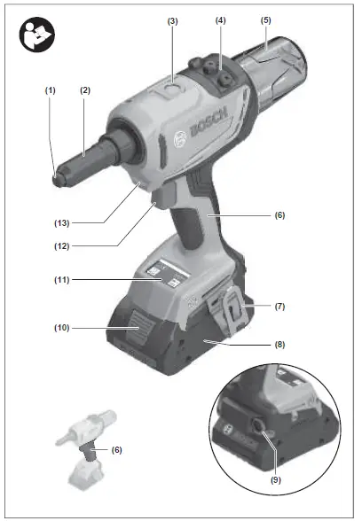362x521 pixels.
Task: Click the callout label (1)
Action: pyautogui.click(x=51, y=90)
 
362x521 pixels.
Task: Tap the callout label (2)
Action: pyautogui.click(x=86, y=90)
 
